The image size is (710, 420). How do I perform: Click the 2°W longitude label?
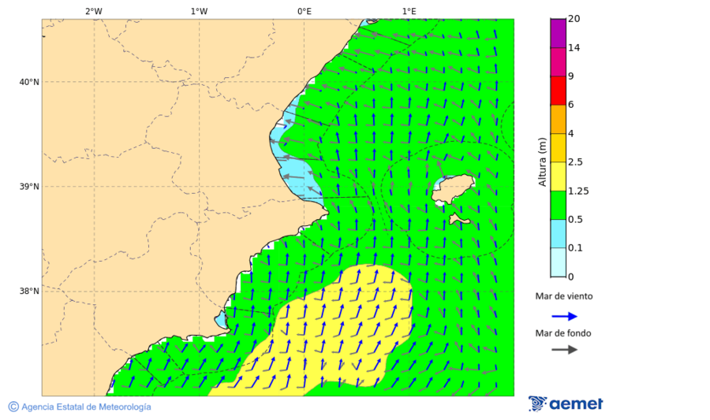[x=93, y=11]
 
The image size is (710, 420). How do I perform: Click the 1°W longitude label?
[x=199, y=11]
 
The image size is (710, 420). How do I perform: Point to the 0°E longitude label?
[x=304, y=11]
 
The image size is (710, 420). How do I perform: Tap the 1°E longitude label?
[x=409, y=11]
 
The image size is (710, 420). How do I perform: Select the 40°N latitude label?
[x=28, y=82]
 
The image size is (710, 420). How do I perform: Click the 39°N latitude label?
[x=28, y=187]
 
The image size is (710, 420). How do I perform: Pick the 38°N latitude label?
[x=28, y=292]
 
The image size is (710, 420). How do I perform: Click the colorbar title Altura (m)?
[x=542, y=162]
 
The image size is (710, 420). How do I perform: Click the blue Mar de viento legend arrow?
[x=564, y=316]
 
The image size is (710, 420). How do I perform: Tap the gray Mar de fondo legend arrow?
[x=564, y=350]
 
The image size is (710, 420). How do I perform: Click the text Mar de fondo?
[x=563, y=333]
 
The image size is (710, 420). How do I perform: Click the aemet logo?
[x=566, y=403]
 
